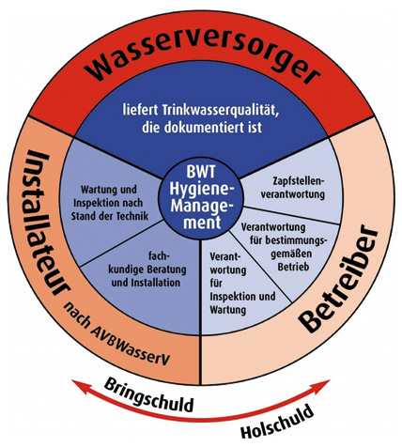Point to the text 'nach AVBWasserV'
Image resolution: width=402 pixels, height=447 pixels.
click(117, 332)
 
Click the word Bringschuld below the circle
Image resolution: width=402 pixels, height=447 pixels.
click(148, 395)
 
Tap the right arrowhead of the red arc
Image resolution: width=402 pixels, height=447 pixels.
click(322, 386)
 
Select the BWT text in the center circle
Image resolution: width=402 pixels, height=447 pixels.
click(201, 172)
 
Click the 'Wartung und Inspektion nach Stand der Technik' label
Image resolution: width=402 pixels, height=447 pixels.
click(110, 203)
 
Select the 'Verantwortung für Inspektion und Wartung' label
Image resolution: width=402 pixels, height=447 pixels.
click(242, 284)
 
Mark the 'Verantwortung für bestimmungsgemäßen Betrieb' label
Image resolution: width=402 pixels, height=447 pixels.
click(284, 247)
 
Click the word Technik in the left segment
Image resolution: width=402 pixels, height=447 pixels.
click(131, 216)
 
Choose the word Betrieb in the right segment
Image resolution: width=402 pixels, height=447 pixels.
click(293, 267)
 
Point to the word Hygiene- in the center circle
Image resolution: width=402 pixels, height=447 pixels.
click(201, 190)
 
